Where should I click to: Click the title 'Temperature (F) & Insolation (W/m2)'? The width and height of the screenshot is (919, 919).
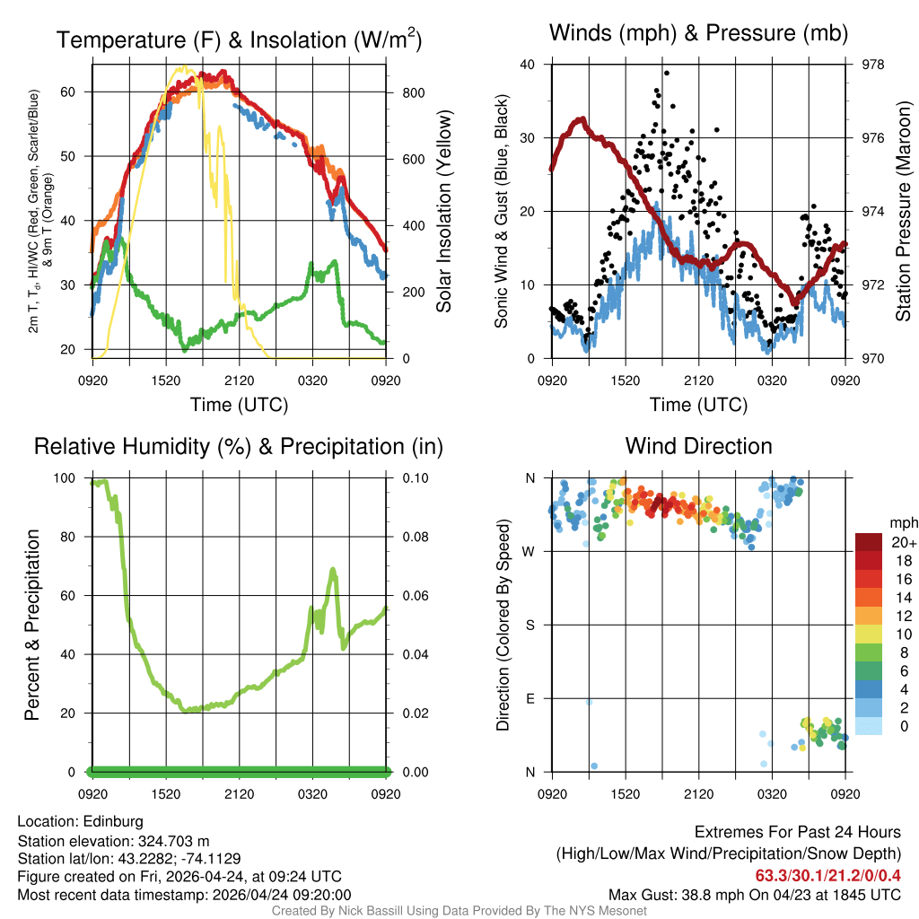(x=239, y=40)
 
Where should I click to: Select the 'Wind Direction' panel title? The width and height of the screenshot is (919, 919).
(x=698, y=446)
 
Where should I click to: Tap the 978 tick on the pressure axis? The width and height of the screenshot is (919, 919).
(x=872, y=65)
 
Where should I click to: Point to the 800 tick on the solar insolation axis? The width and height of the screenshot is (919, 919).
(x=408, y=92)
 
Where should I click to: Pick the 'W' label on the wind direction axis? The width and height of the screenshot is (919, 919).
(x=530, y=552)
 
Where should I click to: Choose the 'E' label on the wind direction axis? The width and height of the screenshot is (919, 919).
(x=530, y=698)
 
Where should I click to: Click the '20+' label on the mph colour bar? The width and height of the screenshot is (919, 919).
(x=903, y=542)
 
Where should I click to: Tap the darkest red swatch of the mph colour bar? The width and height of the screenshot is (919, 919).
(x=869, y=542)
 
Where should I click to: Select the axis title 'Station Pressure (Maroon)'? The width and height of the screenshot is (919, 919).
(x=904, y=212)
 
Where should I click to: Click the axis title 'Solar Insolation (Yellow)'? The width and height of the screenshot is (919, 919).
(x=444, y=212)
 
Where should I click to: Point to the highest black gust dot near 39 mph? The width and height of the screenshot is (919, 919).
(x=667, y=74)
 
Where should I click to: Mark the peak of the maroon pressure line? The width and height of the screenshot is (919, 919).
(x=582, y=119)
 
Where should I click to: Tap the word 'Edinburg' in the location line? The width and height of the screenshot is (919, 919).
(x=113, y=821)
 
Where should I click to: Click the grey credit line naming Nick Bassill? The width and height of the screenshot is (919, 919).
(x=459, y=911)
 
